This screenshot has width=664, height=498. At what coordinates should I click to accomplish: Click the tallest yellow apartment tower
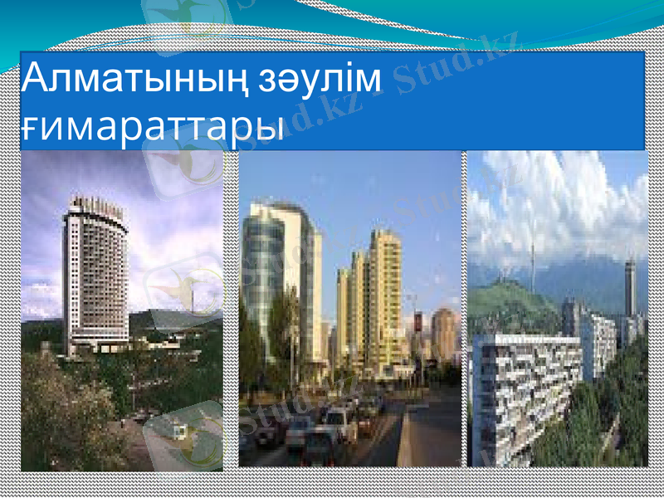[385, 299]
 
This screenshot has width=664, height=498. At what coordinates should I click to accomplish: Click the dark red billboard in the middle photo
[417, 324]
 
